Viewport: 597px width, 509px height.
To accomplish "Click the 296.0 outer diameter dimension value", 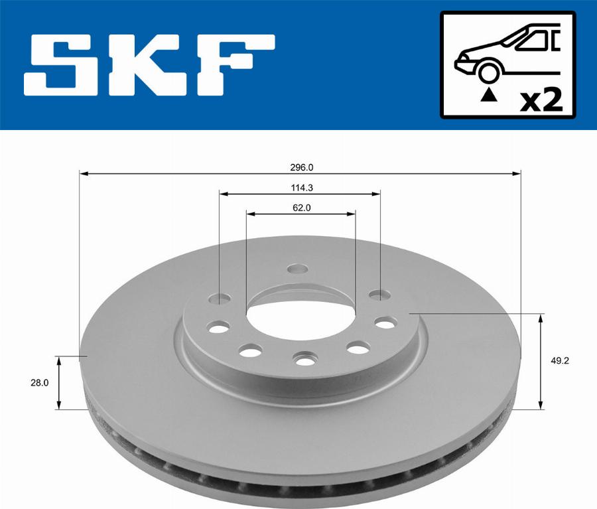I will tap(300, 168).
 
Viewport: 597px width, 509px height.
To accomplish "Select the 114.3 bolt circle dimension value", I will tap(300, 188).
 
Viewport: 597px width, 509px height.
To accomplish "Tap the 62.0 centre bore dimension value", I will tap(300, 208).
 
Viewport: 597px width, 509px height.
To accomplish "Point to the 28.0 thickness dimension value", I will tap(39, 382).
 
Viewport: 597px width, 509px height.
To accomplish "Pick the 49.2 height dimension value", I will tap(561, 361).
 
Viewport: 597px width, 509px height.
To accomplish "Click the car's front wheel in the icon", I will tap(488, 72).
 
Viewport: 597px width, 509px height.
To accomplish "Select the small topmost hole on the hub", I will tap(299, 269).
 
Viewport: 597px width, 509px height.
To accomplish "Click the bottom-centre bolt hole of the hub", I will tap(304, 359).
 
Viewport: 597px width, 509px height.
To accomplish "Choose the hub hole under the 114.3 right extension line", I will tap(378, 294).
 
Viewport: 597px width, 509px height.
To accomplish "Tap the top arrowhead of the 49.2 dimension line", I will tap(542, 317).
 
